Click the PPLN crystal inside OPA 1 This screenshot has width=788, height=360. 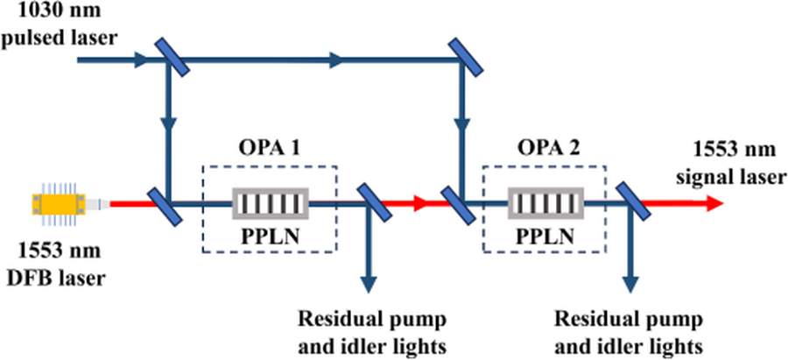(271, 203)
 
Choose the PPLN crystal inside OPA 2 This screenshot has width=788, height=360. (545, 203)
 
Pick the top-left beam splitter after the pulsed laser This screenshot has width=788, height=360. (172, 59)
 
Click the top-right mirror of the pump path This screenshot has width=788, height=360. (466, 59)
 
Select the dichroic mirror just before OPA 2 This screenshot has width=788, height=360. (457, 205)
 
